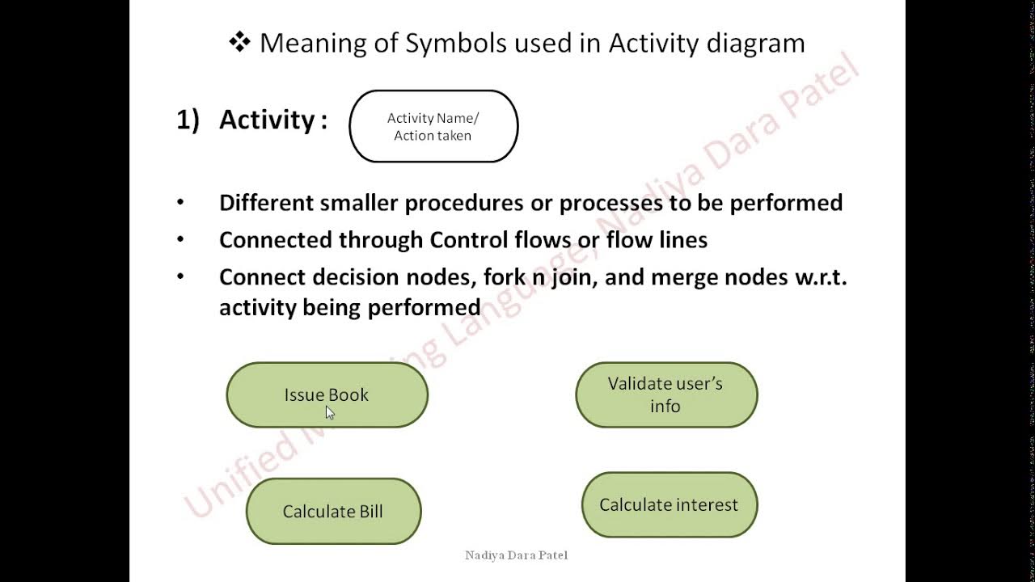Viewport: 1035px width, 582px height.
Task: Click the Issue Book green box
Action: click(x=327, y=394)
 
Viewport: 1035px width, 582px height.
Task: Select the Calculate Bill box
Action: click(x=333, y=512)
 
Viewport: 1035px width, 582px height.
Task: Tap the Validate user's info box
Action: click(x=666, y=394)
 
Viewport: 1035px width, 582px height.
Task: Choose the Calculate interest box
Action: click(x=669, y=505)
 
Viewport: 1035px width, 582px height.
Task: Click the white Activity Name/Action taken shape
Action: click(x=433, y=127)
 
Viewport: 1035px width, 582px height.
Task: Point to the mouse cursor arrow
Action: click(x=329, y=412)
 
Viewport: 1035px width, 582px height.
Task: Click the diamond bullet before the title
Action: click(x=239, y=42)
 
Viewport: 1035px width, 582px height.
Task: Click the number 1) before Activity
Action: click(x=188, y=120)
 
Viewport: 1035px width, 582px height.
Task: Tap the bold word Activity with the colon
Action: click(x=272, y=120)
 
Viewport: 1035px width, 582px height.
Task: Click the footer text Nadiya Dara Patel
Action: click(x=516, y=555)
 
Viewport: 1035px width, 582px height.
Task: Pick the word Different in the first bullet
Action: click(x=266, y=203)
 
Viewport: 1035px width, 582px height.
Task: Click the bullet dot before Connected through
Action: click(x=180, y=240)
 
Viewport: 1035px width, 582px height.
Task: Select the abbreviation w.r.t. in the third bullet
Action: click(x=814, y=277)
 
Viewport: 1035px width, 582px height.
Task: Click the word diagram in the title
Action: click(x=755, y=43)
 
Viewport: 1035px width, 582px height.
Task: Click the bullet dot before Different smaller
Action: click(x=180, y=203)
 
